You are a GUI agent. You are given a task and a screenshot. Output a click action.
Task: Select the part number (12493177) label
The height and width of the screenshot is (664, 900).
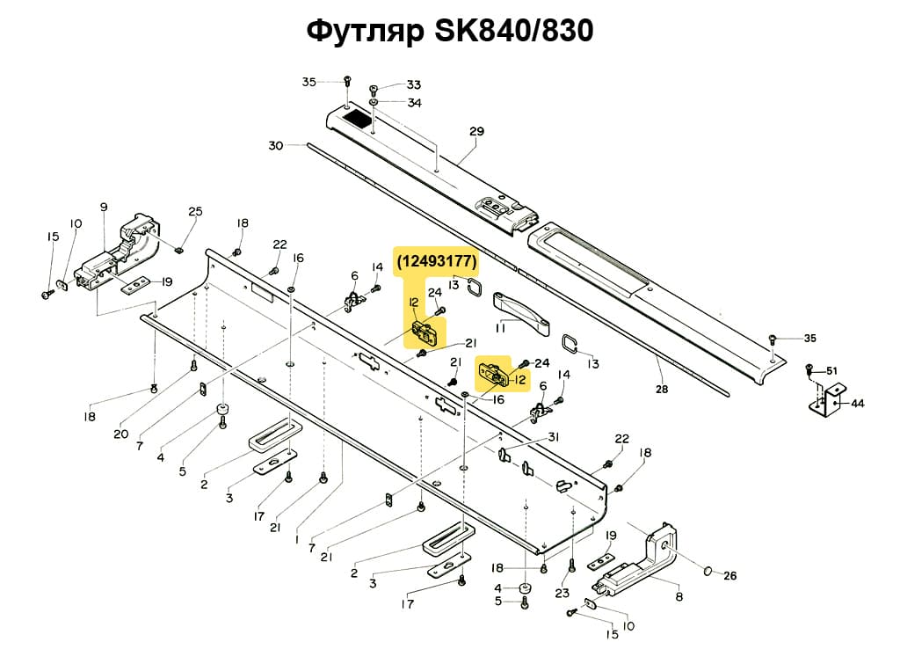(x=437, y=261)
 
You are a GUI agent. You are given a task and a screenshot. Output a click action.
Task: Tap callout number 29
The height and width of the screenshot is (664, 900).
(x=476, y=132)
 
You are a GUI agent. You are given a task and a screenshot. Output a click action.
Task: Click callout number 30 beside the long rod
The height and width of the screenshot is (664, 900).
(x=276, y=146)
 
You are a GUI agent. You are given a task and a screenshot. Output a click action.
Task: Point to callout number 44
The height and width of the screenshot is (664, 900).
(x=858, y=404)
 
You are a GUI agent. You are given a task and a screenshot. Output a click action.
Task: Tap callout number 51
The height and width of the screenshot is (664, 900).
(x=831, y=370)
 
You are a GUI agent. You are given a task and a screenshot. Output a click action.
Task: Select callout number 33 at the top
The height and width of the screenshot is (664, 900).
(x=413, y=85)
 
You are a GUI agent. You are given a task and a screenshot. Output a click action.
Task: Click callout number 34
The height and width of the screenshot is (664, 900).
(x=413, y=103)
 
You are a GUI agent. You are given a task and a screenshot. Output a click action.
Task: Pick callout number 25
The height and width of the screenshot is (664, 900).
(x=195, y=211)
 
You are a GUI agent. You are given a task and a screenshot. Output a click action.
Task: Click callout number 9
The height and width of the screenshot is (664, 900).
(x=104, y=207)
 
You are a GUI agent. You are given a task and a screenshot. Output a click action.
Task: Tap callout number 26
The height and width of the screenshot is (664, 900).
(x=729, y=577)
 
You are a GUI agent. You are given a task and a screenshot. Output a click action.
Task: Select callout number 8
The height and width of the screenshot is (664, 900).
(x=679, y=597)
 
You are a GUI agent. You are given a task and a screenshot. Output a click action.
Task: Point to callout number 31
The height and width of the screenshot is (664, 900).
(x=554, y=438)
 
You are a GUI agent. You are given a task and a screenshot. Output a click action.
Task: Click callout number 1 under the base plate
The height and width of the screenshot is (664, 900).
(x=297, y=538)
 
